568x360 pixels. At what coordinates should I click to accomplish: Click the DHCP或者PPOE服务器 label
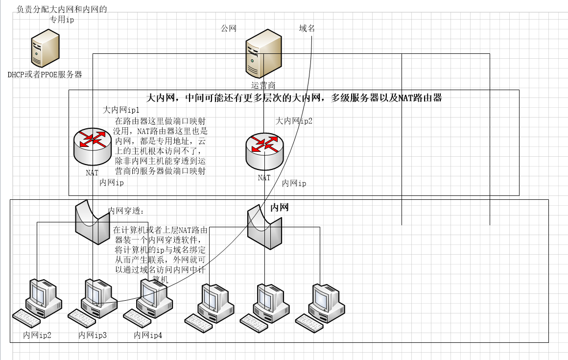click(x=45, y=74)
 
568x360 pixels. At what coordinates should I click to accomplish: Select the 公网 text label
click(x=229, y=28)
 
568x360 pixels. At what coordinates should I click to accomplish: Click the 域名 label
click(x=307, y=28)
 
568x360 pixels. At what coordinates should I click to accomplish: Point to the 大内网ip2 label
click(x=294, y=120)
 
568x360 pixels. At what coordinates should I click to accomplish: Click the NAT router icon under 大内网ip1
click(x=92, y=146)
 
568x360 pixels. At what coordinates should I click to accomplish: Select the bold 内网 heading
click(x=280, y=207)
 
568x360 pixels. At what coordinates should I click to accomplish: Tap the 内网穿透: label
click(x=126, y=211)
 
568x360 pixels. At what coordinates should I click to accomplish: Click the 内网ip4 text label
click(x=148, y=336)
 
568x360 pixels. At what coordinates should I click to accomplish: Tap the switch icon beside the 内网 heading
click(x=264, y=227)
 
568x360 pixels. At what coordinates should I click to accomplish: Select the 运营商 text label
click(x=263, y=85)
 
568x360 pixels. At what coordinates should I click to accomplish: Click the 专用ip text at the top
click(x=62, y=20)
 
